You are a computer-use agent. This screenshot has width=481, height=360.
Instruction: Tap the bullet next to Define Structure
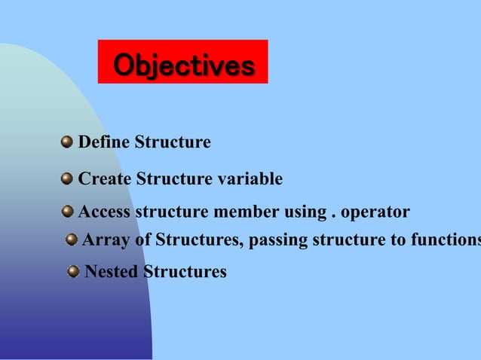point(67,142)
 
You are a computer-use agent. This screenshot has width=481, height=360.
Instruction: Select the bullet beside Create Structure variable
point(67,178)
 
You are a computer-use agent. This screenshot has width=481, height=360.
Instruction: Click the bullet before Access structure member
point(68,212)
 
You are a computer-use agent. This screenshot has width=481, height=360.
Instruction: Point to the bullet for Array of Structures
point(71,239)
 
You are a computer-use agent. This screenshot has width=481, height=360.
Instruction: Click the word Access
point(105,212)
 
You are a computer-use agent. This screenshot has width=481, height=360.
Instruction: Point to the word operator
point(375,212)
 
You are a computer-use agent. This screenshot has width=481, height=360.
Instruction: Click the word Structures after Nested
point(185,272)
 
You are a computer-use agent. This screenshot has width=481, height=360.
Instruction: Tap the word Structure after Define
point(173,142)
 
